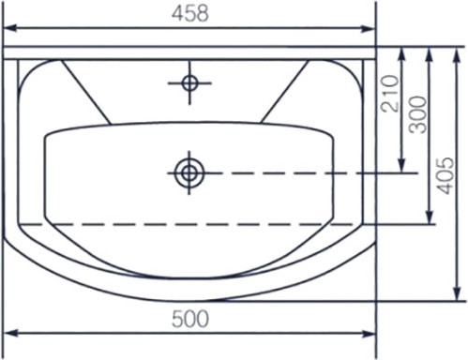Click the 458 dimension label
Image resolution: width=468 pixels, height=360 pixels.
[190, 14]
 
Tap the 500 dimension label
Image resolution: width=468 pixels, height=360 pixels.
[190, 319]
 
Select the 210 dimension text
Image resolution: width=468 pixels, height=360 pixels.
[390, 94]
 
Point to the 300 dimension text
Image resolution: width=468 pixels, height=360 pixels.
[418, 114]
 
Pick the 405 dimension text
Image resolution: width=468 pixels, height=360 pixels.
[445, 175]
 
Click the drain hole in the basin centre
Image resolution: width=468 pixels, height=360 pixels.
[189, 172]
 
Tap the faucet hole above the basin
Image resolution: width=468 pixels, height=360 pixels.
[189, 83]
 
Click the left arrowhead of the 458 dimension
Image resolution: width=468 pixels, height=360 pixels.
[9, 28]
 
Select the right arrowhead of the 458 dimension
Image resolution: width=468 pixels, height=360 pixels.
[368, 29]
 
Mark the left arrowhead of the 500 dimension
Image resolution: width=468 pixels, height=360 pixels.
[10, 334]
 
